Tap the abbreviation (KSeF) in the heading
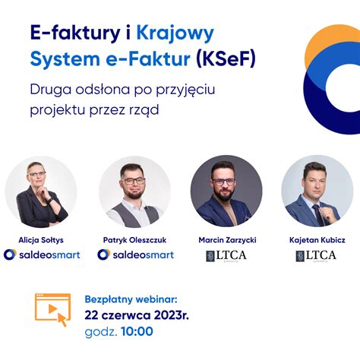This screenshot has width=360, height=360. (226, 59)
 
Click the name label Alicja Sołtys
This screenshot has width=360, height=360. (41, 240)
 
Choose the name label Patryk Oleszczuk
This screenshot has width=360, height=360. (134, 240)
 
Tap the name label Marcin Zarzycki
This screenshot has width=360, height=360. (227, 240)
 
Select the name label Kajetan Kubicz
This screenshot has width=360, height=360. (317, 240)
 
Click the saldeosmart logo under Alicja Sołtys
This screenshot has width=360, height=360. (42, 254)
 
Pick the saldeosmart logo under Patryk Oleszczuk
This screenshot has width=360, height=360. (136, 254)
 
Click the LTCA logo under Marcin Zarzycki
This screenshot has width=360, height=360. (226, 256)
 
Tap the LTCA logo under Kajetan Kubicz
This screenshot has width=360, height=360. (316, 256)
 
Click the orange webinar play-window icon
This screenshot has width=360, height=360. (52, 309)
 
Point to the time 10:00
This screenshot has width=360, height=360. (137, 331)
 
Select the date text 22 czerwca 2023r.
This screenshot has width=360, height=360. (137, 315)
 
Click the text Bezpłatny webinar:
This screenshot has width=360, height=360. (131, 299)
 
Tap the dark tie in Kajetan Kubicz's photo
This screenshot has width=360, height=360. (317, 214)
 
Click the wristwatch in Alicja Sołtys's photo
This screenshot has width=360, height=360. (50, 201)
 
